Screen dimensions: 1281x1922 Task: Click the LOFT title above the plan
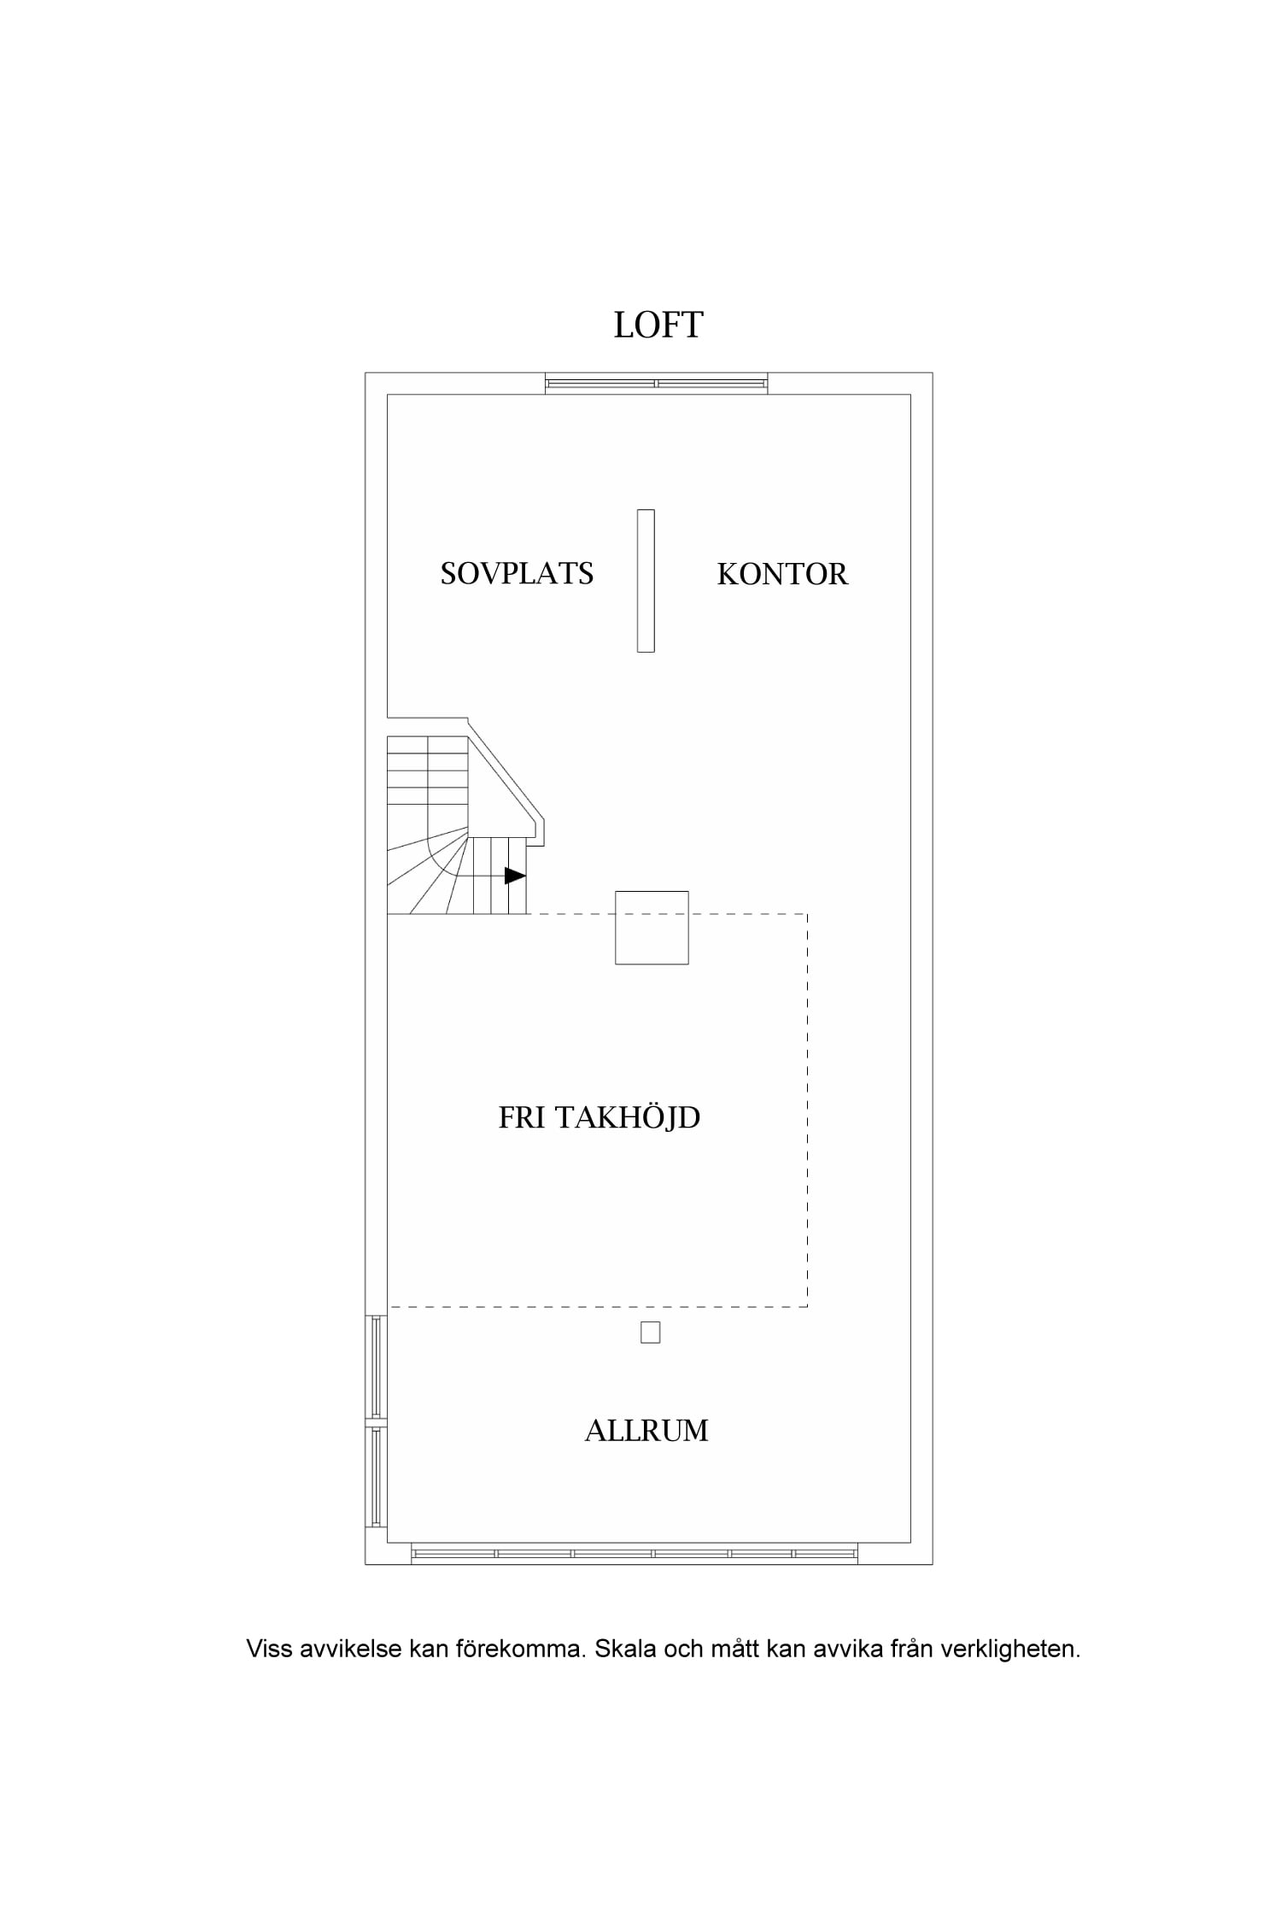click(x=658, y=325)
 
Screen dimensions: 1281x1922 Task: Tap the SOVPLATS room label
click(x=517, y=573)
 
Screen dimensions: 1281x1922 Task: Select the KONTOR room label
click(x=782, y=574)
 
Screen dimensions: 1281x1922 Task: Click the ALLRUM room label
click(x=646, y=1431)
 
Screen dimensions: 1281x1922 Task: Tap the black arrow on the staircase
click(x=515, y=876)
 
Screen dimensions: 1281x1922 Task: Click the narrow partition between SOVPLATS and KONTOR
click(x=646, y=581)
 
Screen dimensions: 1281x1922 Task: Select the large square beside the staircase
click(x=652, y=928)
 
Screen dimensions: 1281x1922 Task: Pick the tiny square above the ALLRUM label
click(x=651, y=1333)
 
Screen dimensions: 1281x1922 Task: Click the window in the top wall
click(x=657, y=384)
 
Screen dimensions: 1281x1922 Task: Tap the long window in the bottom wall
click(x=635, y=1554)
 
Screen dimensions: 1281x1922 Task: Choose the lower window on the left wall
click(x=377, y=1477)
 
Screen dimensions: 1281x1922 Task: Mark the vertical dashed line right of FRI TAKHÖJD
click(x=807, y=1110)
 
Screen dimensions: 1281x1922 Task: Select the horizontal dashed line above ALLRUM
click(x=598, y=1307)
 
